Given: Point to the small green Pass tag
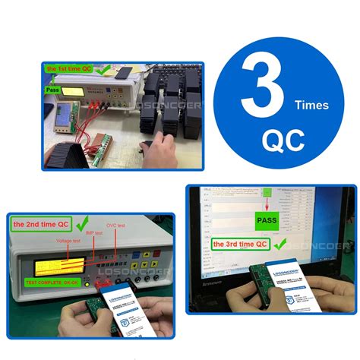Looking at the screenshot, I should [x=52, y=90].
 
